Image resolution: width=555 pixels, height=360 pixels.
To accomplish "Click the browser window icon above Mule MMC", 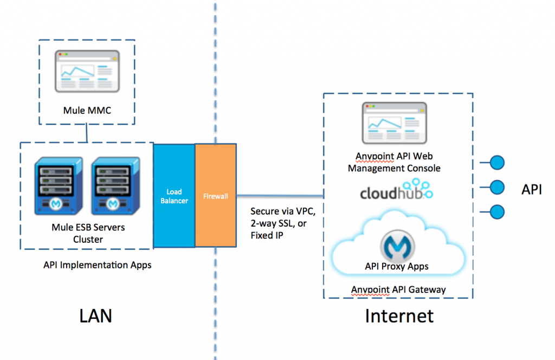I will click(87, 71).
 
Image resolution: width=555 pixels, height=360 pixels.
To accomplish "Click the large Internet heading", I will click(399, 315).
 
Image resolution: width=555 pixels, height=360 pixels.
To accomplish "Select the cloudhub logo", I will click(397, 192).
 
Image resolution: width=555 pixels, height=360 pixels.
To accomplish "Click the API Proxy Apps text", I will click(397, 266).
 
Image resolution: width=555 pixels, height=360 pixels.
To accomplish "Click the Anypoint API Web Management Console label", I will click(394, 162).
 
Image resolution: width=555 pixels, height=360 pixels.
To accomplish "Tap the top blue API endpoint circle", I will click(497, 162).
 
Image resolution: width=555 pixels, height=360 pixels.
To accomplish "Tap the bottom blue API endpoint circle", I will click(497, 211).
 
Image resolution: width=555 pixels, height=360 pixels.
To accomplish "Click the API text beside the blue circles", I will click(531, 189).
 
